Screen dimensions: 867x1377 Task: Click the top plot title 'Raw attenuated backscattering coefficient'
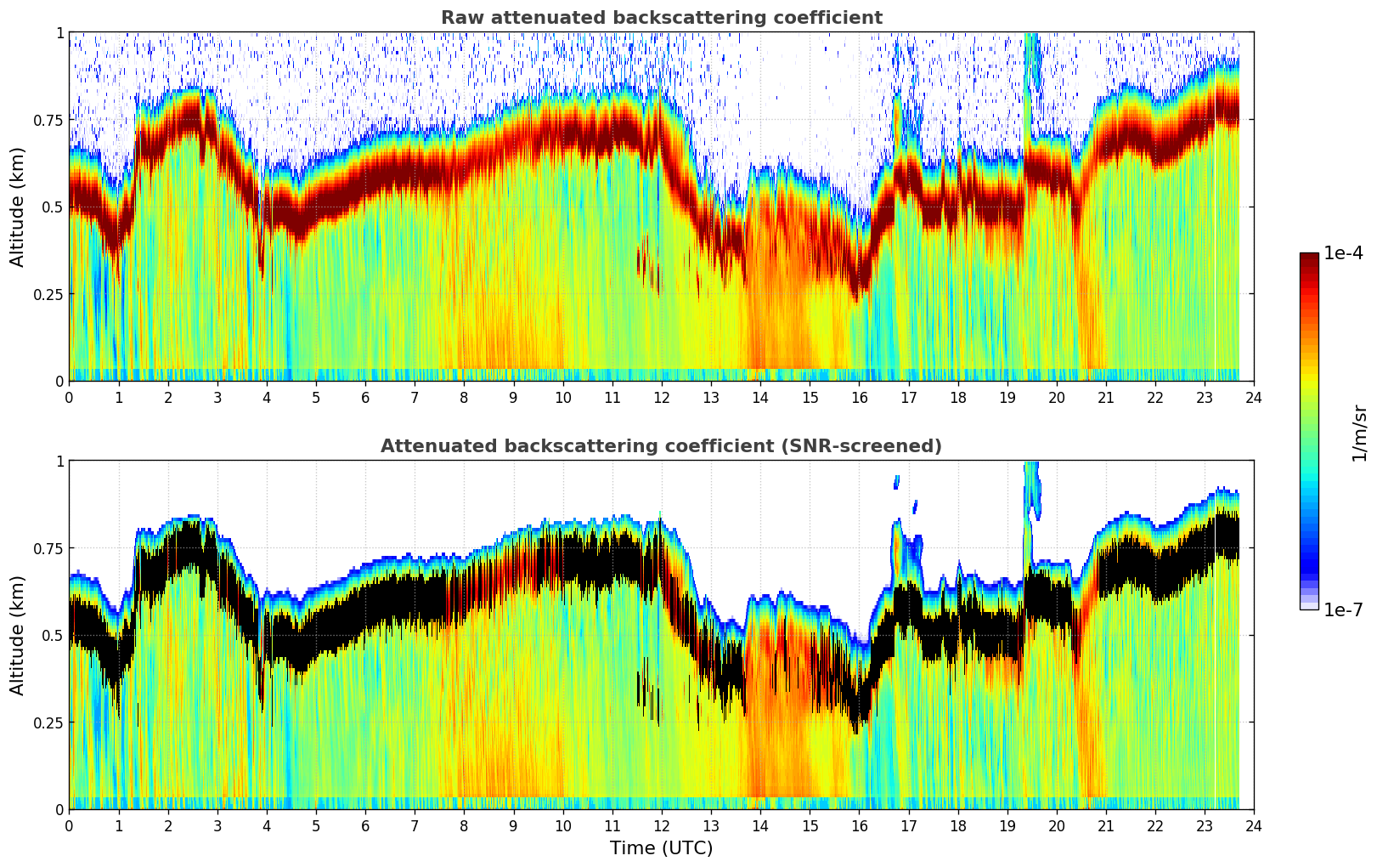click(661, 18)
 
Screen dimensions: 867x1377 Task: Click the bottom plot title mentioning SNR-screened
click(661, 446)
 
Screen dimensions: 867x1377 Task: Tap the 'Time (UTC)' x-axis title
click(661, 848)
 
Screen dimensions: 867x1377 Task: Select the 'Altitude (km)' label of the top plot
click(18, 207)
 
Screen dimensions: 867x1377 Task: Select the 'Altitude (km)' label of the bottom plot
click(18, 635)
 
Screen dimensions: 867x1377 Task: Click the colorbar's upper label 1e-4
click(1343, 253)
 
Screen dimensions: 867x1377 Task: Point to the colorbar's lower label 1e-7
click(1343, 609)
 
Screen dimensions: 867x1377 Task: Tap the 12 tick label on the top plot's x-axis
click(661, 397)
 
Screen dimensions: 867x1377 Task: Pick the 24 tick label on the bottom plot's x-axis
click(1254, 825)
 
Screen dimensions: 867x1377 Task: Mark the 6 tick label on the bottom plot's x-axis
click(365, 825)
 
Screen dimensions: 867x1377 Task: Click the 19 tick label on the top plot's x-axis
click(1007, 397)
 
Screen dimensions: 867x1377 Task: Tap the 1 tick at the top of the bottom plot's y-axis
click(59, 462)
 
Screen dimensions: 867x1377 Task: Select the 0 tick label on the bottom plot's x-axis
click(69, 825)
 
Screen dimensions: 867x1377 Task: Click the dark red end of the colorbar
click(1308, 258)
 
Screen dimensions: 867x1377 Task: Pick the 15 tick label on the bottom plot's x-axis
click(810, 825)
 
